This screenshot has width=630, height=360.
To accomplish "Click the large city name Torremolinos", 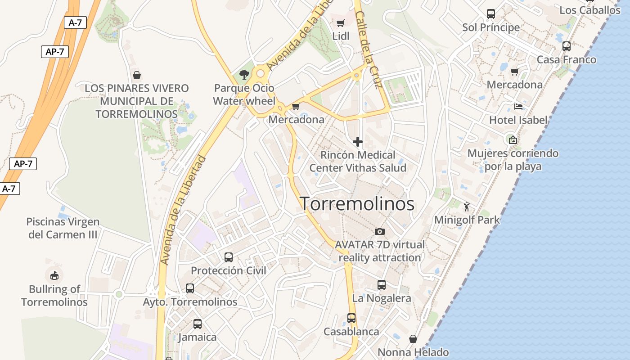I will coord(357,204).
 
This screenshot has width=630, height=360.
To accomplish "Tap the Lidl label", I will coord(341,36).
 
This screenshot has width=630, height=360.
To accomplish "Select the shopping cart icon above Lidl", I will coord(341,23).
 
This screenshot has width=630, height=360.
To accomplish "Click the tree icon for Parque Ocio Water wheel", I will coord(244,74).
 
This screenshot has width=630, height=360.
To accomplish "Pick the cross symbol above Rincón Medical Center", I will coord(358,142).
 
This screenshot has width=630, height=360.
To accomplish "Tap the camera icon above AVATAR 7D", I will coord(380,231).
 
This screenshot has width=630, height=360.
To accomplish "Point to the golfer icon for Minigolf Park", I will coord(467,207).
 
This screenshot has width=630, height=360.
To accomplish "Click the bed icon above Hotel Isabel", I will coord(518,107).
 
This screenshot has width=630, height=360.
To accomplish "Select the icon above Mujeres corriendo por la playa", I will coord(513,140).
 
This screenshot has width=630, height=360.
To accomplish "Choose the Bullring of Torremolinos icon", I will coord(54,275).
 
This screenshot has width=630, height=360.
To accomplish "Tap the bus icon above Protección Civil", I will coord(229,257).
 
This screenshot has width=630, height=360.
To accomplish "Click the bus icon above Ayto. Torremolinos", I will coord(190,288).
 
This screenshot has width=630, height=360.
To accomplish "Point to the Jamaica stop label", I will coord(197,337).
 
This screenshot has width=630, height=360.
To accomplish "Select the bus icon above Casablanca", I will coord(351,318).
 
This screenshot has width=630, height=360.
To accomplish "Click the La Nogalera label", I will coord(382,298).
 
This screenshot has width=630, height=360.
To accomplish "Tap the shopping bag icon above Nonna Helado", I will coord(413,339).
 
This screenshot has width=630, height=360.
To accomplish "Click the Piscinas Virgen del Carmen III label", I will coord(63,228).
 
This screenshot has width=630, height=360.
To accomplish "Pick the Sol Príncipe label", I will coord(491,27).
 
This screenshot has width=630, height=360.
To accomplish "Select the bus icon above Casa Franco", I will coord(567,46).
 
